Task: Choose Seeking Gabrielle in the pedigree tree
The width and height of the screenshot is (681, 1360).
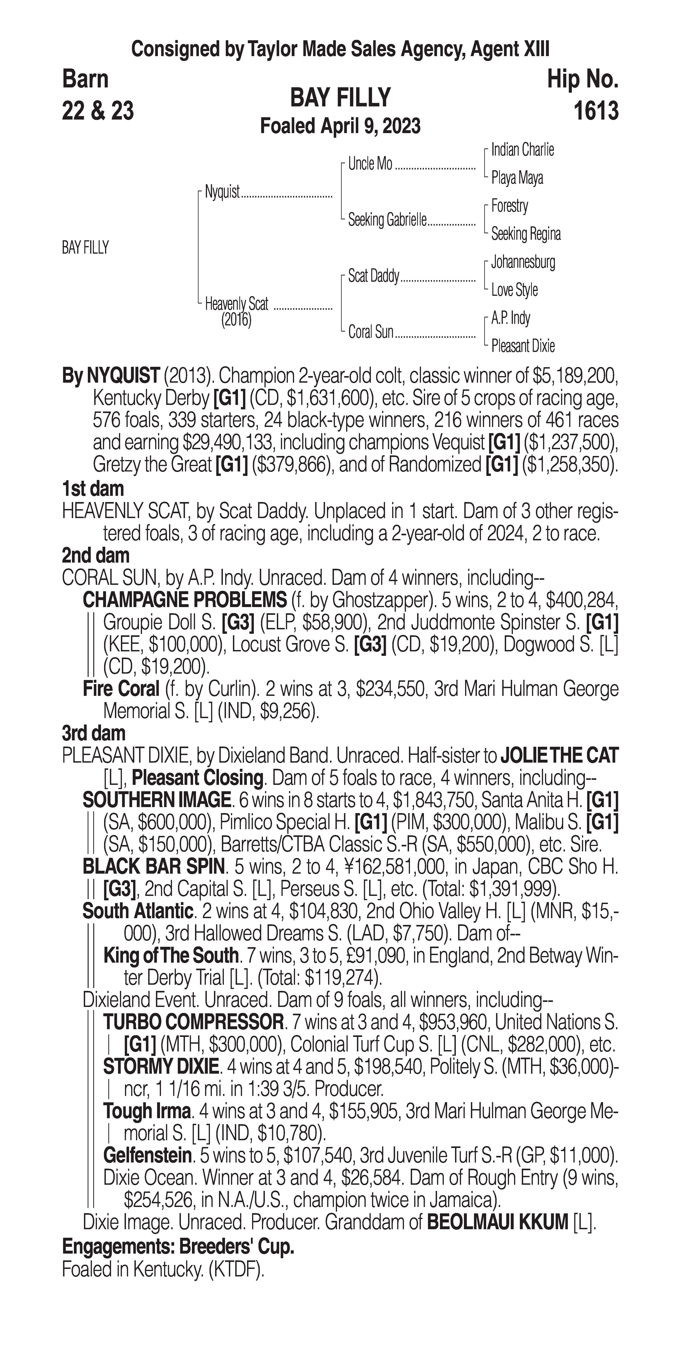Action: tap(387, 220)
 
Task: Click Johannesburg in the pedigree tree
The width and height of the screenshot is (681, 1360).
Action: tap(523, 262)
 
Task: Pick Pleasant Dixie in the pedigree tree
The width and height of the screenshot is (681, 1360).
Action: tap(523, 346)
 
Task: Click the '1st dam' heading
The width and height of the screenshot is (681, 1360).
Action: tap(93, 488)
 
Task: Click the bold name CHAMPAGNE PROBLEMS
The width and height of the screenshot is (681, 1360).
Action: tap(185, 600)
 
